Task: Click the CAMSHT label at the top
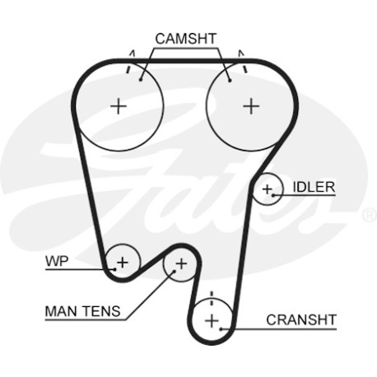tap(186, 39)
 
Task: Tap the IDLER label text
tap(314, 187)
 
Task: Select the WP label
tap(57, 261)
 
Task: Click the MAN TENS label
tap(82, 311)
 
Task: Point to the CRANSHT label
tap(301, 320)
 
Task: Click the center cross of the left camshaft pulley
tap(119, 106)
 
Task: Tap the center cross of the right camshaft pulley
tap(251, 106)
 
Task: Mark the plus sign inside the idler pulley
tap(267, 189)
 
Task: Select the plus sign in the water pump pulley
tap(123, 263)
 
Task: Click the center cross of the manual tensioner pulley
tap(181, 264)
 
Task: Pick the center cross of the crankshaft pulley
tap(212, 320)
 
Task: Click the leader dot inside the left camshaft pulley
tap(141, 80)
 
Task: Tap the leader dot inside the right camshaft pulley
tap(230, 80)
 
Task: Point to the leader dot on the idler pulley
tap(273, 195)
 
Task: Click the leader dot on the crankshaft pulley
tap(221, 328)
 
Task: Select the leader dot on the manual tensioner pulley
tap(174, 272)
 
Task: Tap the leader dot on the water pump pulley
tap(115, 269)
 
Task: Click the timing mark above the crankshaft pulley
tap(212, 298)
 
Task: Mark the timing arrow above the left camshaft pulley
tap(130, 61)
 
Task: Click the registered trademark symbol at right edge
tap(370, 216)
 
